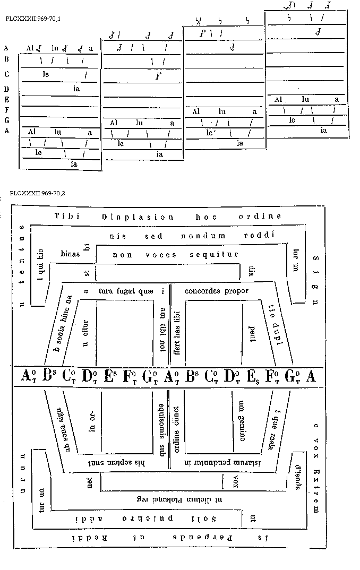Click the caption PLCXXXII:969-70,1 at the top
(32, 19)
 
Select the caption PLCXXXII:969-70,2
(32, 194)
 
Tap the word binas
(70, 254)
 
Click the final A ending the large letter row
(311, 375)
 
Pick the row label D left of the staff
(6, 89)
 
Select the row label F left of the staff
(6, 110)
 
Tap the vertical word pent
(252, 334)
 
